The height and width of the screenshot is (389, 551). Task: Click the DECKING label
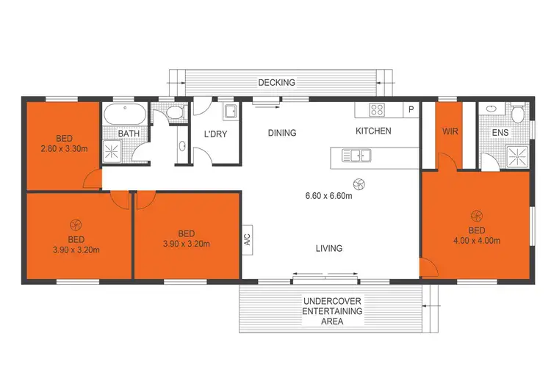tap(276, 83)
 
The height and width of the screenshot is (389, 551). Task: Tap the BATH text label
tap(129, 134)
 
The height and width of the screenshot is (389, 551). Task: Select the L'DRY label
tap(217, 134)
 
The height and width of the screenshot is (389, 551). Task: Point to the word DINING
tap(282, 133)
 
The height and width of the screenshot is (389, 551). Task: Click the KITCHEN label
tap(373, 131)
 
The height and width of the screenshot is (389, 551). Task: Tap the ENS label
tap(500, 133)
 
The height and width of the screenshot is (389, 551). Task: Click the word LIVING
tap(329, 248)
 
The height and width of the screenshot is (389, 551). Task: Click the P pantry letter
tap(411, 110)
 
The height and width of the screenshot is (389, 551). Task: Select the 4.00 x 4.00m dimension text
tap(476, 240)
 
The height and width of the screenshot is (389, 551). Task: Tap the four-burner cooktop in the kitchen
tap(378, 110)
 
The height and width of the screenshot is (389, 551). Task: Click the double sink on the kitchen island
tap(357, 155)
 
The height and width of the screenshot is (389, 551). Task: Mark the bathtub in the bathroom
tap(125, 114)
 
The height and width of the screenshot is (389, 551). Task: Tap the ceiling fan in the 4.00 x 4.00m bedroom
tap(476, 215)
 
